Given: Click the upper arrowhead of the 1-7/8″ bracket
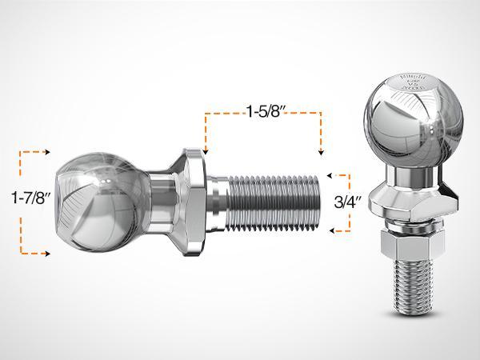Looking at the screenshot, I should (x=49, y=150).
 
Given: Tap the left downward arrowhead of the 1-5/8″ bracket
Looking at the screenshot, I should (x=206, y=150).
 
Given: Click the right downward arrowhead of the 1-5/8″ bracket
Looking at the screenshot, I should (x=321, y=150).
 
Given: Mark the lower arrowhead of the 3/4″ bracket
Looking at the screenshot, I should (x=330, y=231).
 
